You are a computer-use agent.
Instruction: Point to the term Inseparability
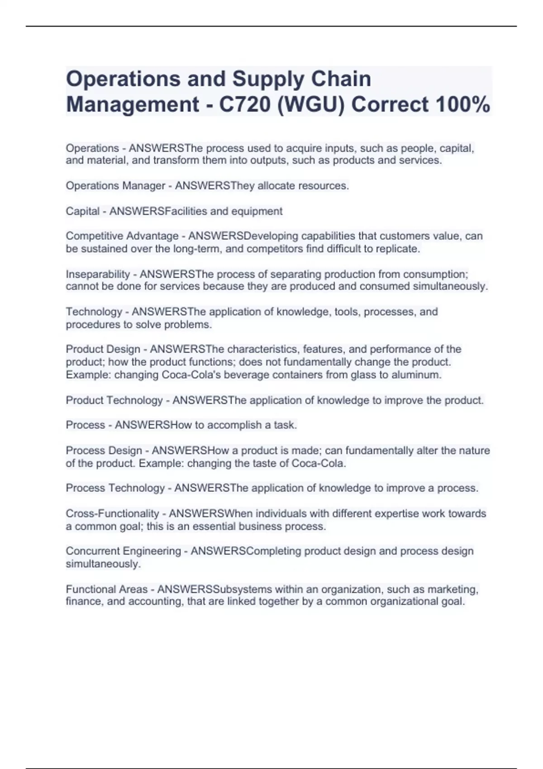coord(98,274)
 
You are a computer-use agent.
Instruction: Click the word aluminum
coord(419,375)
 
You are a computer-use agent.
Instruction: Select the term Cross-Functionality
coord(112,513)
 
